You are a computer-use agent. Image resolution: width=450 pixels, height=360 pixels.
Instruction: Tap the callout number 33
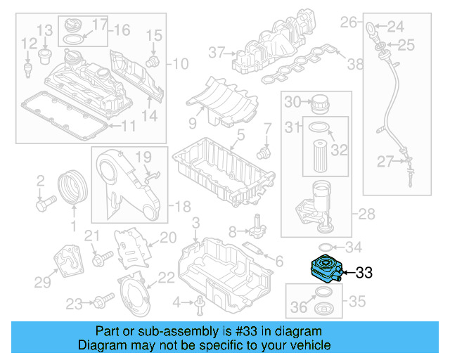pos(366,272)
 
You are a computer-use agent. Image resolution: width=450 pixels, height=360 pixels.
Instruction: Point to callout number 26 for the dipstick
pos(349,22)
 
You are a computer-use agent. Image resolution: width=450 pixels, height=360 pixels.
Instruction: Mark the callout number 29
pos(42,282)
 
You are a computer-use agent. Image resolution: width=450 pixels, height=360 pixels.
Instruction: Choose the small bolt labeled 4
pos(200,303)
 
